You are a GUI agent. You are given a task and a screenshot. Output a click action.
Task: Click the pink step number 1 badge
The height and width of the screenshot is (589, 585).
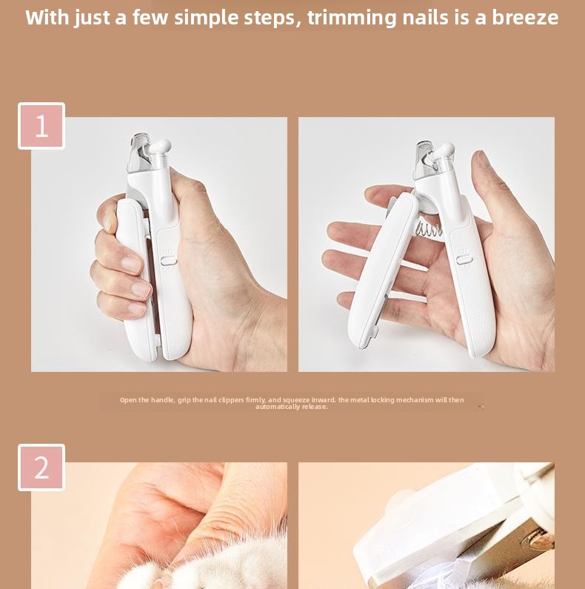pos(41,126)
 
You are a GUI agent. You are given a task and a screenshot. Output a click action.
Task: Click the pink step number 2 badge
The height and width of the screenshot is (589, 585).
pos(41,467)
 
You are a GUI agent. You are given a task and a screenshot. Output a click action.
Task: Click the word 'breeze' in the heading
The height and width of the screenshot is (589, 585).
pos(525,17)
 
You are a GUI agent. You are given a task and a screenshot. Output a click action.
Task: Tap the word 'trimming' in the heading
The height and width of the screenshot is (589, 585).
pos(351,18)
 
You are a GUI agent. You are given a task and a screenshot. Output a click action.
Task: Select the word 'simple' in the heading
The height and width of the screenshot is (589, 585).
pos(206,18)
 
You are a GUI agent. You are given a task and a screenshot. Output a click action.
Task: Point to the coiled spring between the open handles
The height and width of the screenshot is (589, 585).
pos(428,228)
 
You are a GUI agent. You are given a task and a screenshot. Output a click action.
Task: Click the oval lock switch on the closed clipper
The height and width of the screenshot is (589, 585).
pos(169,260)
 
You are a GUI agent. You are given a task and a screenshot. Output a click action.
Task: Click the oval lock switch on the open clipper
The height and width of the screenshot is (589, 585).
pos(464,259)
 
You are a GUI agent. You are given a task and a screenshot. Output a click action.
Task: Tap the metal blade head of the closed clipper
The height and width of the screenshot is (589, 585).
pos(140,153)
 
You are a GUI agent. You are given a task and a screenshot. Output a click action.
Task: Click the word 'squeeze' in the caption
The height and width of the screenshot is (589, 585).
pos(296,400)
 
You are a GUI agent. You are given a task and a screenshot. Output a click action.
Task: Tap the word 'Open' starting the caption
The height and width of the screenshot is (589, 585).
pos(128,400)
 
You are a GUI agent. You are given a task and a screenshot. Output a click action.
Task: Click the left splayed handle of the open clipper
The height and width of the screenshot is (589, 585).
pos(382,271)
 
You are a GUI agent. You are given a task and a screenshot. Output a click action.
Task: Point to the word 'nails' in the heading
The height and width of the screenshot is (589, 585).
pos(425,17)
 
